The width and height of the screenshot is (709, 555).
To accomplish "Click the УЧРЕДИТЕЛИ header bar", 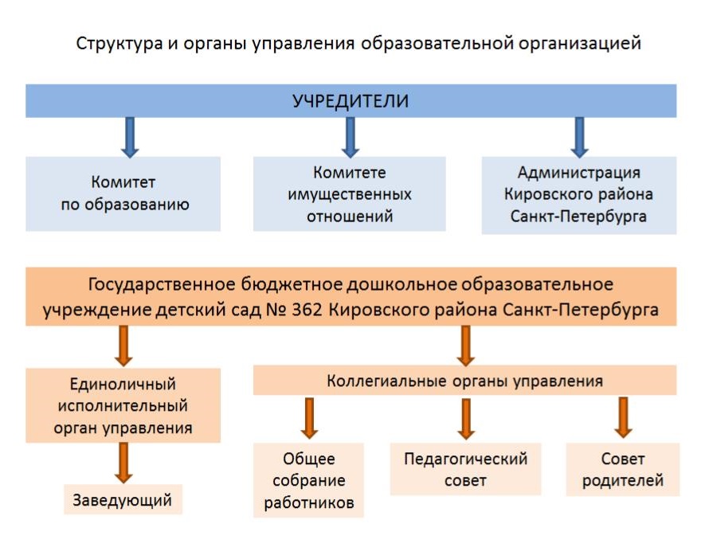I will point(351,101).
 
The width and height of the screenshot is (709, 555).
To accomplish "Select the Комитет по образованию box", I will point(123,193).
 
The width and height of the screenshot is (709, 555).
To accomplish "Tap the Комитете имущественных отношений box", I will point(350,193).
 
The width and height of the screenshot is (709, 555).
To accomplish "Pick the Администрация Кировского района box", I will point(579,194).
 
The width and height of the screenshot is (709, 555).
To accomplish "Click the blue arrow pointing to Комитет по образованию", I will point(130,136).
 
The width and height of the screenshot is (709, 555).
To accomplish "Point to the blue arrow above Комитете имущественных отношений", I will point(350,136).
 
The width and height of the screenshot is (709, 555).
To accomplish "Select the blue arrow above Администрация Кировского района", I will point(579,136).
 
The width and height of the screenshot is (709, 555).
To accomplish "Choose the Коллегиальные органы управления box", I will point(464,381).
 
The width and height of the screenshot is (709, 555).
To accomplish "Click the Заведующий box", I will point(123,500).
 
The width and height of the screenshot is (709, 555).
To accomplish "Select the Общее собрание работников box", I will point(309,480).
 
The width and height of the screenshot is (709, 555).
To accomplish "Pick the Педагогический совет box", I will point(465,469).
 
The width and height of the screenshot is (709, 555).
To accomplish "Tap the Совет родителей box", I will point(623,470).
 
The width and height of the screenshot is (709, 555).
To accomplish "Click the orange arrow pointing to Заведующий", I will point(123,463).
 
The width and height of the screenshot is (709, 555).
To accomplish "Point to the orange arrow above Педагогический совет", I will point(466,418).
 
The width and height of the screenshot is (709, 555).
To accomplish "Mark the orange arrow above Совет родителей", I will point(623,417).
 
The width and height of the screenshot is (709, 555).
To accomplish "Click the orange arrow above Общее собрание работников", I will point(310,418).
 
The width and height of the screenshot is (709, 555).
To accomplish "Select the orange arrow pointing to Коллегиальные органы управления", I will point(466,345).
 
